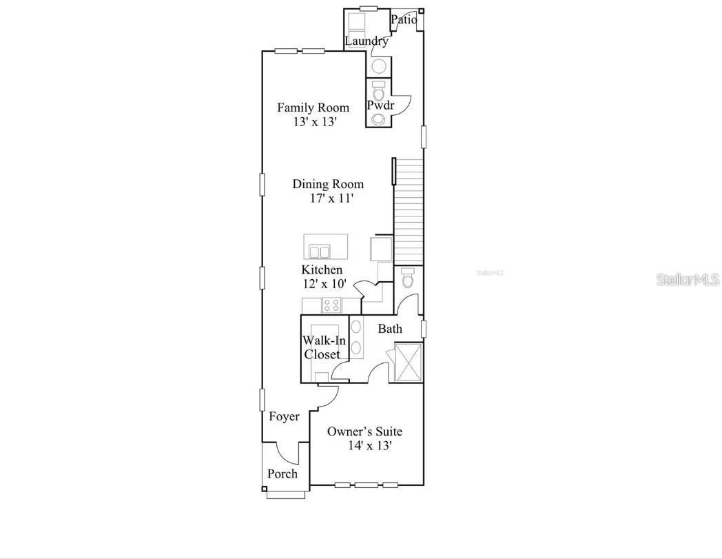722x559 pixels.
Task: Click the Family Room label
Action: [x=313, y=108]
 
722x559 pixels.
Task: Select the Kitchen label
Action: [x=322, y=270]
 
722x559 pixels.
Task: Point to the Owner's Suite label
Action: [x=364, y=431]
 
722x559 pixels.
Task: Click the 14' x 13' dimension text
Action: [x=370, y=446]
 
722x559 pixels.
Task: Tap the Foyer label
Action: [x=284, y=417]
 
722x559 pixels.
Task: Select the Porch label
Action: [x=282, y=474]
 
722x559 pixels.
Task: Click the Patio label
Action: [x=404, y=20]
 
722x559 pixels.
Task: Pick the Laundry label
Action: [x=367, y=41]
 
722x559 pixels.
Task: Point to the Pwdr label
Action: [x=380, y=105]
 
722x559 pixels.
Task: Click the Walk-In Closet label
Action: [x=322, y=347]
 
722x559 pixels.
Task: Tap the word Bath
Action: [x=390, y=329]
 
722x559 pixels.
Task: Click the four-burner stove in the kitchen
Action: [x=331, y=305]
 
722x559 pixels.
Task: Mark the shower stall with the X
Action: [x=407, y=362]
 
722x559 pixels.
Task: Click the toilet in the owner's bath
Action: [x=408, y=278]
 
